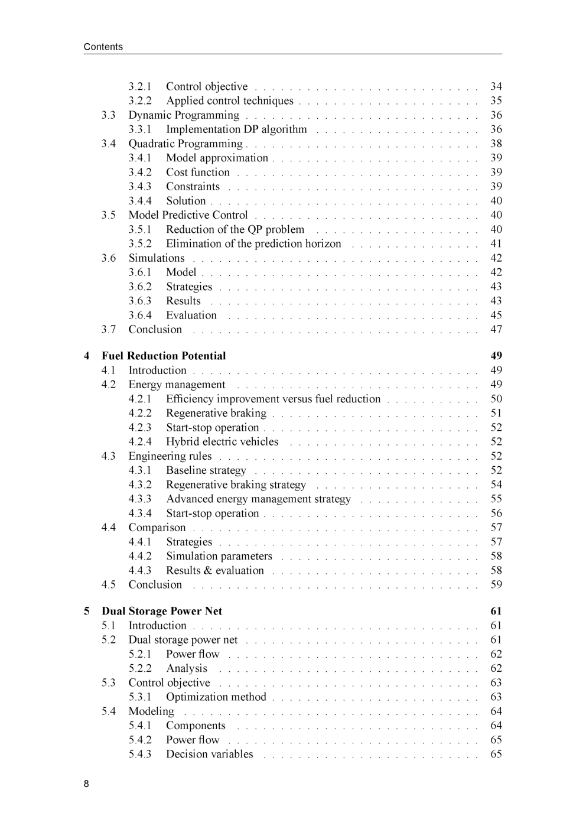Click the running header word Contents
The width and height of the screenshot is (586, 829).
point(103,47)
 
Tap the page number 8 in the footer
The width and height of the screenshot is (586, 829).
point(86,784)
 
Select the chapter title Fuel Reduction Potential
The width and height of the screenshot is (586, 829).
point(164,356)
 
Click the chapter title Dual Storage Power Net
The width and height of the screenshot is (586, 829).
point(161,611)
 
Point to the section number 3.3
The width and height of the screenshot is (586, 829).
point(108,115)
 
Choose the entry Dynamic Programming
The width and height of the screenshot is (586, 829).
point(184,115)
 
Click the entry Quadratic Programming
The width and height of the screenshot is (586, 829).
point(185,144)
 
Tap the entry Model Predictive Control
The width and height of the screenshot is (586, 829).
point(188,215)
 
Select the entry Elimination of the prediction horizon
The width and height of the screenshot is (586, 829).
point(253,243)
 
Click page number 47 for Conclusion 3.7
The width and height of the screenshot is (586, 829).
point(496,330)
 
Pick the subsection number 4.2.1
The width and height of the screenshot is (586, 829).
point(140,399)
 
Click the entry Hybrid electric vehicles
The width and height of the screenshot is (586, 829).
point(222,442)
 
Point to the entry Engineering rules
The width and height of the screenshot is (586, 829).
point(170,456)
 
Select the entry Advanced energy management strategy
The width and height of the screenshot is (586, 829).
point(258,499)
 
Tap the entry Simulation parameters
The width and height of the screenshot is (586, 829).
point(219,556)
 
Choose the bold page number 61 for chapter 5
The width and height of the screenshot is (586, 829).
point(496,611)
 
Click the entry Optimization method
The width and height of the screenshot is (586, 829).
point(216,697)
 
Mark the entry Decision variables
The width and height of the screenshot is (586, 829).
point(209,754)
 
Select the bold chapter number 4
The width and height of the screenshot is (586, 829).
point(87,356)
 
